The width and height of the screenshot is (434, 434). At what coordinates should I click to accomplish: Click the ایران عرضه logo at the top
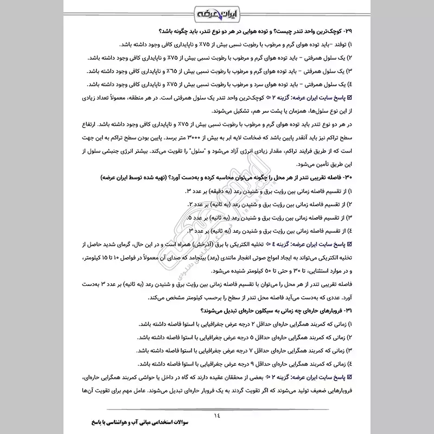tap(217, 12)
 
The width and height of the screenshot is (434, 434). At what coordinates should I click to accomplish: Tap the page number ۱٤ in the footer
tap(218, 401)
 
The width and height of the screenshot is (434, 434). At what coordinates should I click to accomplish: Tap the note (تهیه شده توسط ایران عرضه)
tap(144, 178)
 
